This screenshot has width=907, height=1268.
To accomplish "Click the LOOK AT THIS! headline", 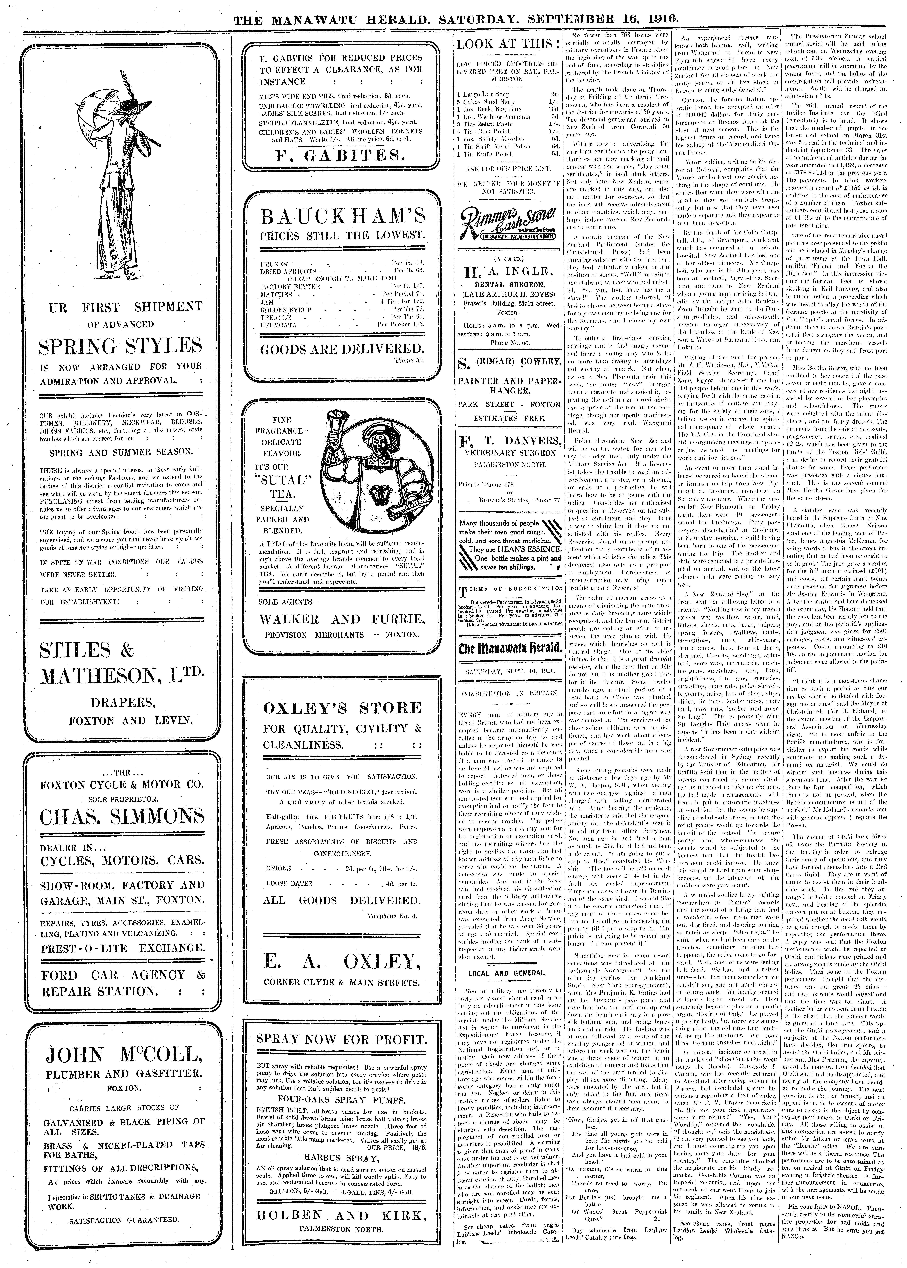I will [x=508, y=44].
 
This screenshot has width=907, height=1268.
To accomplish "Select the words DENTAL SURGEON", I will [x=507, y=284].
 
